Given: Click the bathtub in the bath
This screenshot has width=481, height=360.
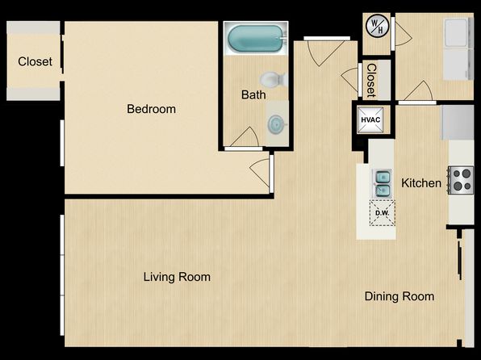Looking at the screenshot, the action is click(255, 39).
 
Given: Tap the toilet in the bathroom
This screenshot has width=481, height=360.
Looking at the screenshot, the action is click(273, 79).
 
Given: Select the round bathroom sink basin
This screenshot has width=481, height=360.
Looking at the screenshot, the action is click(276, 124).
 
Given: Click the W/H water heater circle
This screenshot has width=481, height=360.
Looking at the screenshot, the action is click(377, 27).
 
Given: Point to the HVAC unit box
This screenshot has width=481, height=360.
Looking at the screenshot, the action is click(370, 119).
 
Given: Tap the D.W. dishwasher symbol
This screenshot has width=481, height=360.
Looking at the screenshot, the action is click(382, 213).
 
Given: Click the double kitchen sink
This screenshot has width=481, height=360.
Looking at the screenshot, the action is click(383, 183).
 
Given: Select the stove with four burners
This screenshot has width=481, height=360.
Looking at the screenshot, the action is click(461, 180).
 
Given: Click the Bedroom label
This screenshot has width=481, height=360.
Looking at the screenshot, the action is click(151, 109).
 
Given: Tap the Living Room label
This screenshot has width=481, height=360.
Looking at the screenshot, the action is click(177, 277).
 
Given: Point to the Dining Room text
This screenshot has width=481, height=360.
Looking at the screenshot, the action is click(399, 296).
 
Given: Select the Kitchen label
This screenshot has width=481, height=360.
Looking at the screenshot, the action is click(421, 183).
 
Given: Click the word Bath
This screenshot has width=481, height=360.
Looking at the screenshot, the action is click(253, 94).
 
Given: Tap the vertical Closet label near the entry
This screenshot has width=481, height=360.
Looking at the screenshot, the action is click(371, 81).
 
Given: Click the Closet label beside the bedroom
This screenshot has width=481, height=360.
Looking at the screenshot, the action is click(35, 61).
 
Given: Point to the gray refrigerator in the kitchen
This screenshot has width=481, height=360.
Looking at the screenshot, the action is click(458, 123).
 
